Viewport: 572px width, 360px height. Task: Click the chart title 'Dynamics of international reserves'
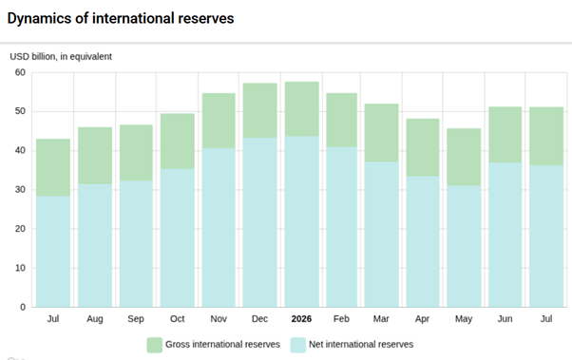(x=121, y=18)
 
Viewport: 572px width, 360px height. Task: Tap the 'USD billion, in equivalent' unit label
(x=61, y=57)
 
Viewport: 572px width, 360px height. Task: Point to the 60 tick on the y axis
(x=20, y=72)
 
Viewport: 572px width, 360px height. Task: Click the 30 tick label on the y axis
(x=20, y=190)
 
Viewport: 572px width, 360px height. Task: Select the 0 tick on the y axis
(x=23, y=307)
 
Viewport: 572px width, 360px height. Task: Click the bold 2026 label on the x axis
(x=301, y=319)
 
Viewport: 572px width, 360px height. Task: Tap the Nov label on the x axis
(x=219, y=319)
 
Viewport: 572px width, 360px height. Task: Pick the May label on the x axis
(x=464, y=319)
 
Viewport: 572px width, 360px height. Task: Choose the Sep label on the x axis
(x=136, y=319)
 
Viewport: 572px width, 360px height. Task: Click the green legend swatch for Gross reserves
(x=154, y=345)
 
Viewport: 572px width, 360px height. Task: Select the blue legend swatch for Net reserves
(x=298, y=345)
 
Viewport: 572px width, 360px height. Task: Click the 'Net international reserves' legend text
(x=361, y=344)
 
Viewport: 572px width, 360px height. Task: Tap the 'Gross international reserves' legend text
(x=222, y=344)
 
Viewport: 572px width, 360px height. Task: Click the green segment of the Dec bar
(x=260, y=110)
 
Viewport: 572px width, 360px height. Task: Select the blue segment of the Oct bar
(x=178, y=237)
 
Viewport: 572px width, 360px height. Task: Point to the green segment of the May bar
(x=464, y=157)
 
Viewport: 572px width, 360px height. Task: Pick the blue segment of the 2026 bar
(x=302, y=221)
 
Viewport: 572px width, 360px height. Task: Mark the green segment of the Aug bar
(x=95, y=156)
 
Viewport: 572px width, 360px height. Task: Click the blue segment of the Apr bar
(x=423, y=242)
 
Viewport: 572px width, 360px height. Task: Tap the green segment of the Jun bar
(x=505, y=135)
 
